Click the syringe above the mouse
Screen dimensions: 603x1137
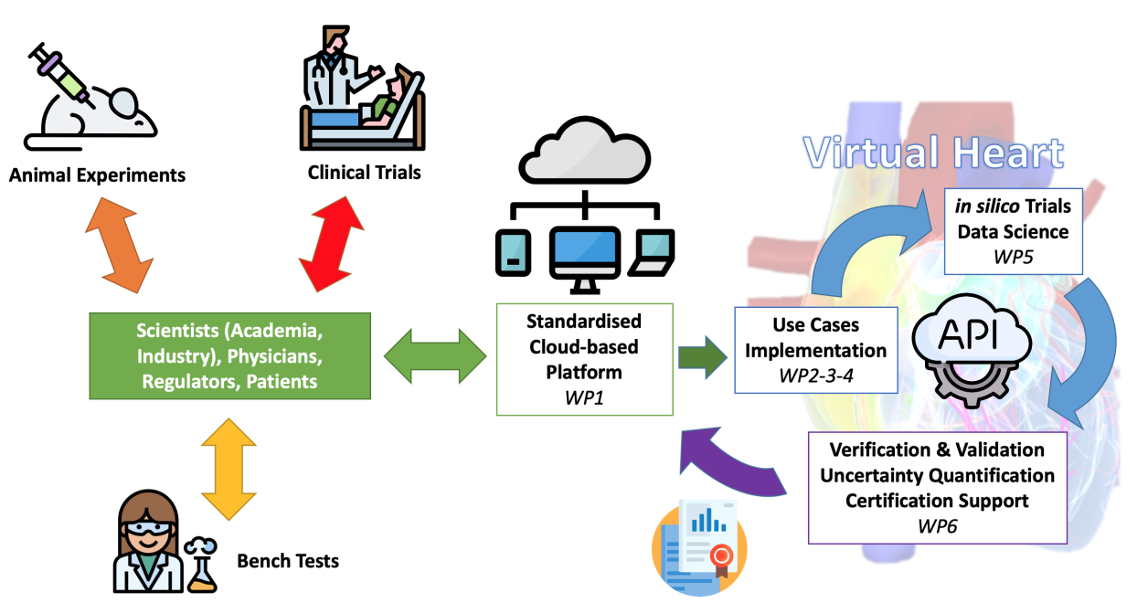click(x=62, y=70)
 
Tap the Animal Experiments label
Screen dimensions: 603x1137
click(x=97, y=175)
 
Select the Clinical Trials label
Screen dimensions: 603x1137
click(x=364, y=172)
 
